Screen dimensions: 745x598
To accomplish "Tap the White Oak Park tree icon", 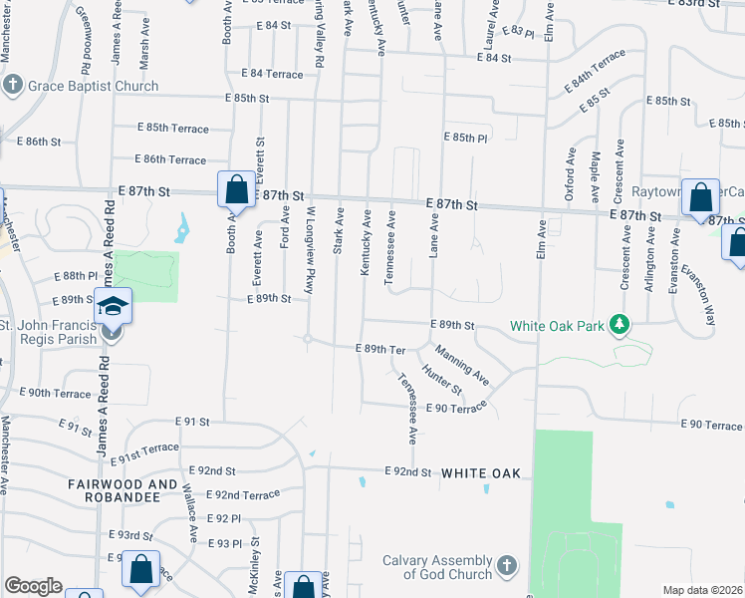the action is pos(620,325).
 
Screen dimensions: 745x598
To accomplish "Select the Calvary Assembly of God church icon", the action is pos(506,566).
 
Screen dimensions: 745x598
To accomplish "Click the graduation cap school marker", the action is pos(114,306).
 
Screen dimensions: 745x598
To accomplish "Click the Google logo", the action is pos(33,586).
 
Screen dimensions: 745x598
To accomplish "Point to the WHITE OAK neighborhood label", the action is pos(481,472).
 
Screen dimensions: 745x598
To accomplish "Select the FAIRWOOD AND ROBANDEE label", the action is pos(113,491).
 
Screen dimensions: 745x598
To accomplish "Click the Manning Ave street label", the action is pos(461,365).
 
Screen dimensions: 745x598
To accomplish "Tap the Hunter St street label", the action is pos(442,380).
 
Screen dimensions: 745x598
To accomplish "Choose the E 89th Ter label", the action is pos(381,349).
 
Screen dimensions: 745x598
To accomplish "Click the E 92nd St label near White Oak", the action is pos(408,472).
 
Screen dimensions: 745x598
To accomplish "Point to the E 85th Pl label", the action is pos(466,138).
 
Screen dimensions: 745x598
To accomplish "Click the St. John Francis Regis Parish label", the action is pos(50,332).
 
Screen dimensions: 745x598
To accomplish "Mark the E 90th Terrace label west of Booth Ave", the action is pos(60,394).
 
